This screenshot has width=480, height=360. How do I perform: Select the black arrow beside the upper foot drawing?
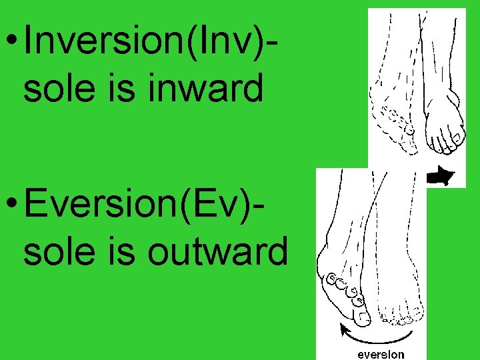point(440,176)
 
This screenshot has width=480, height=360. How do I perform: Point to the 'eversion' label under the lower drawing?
point(381,353)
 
